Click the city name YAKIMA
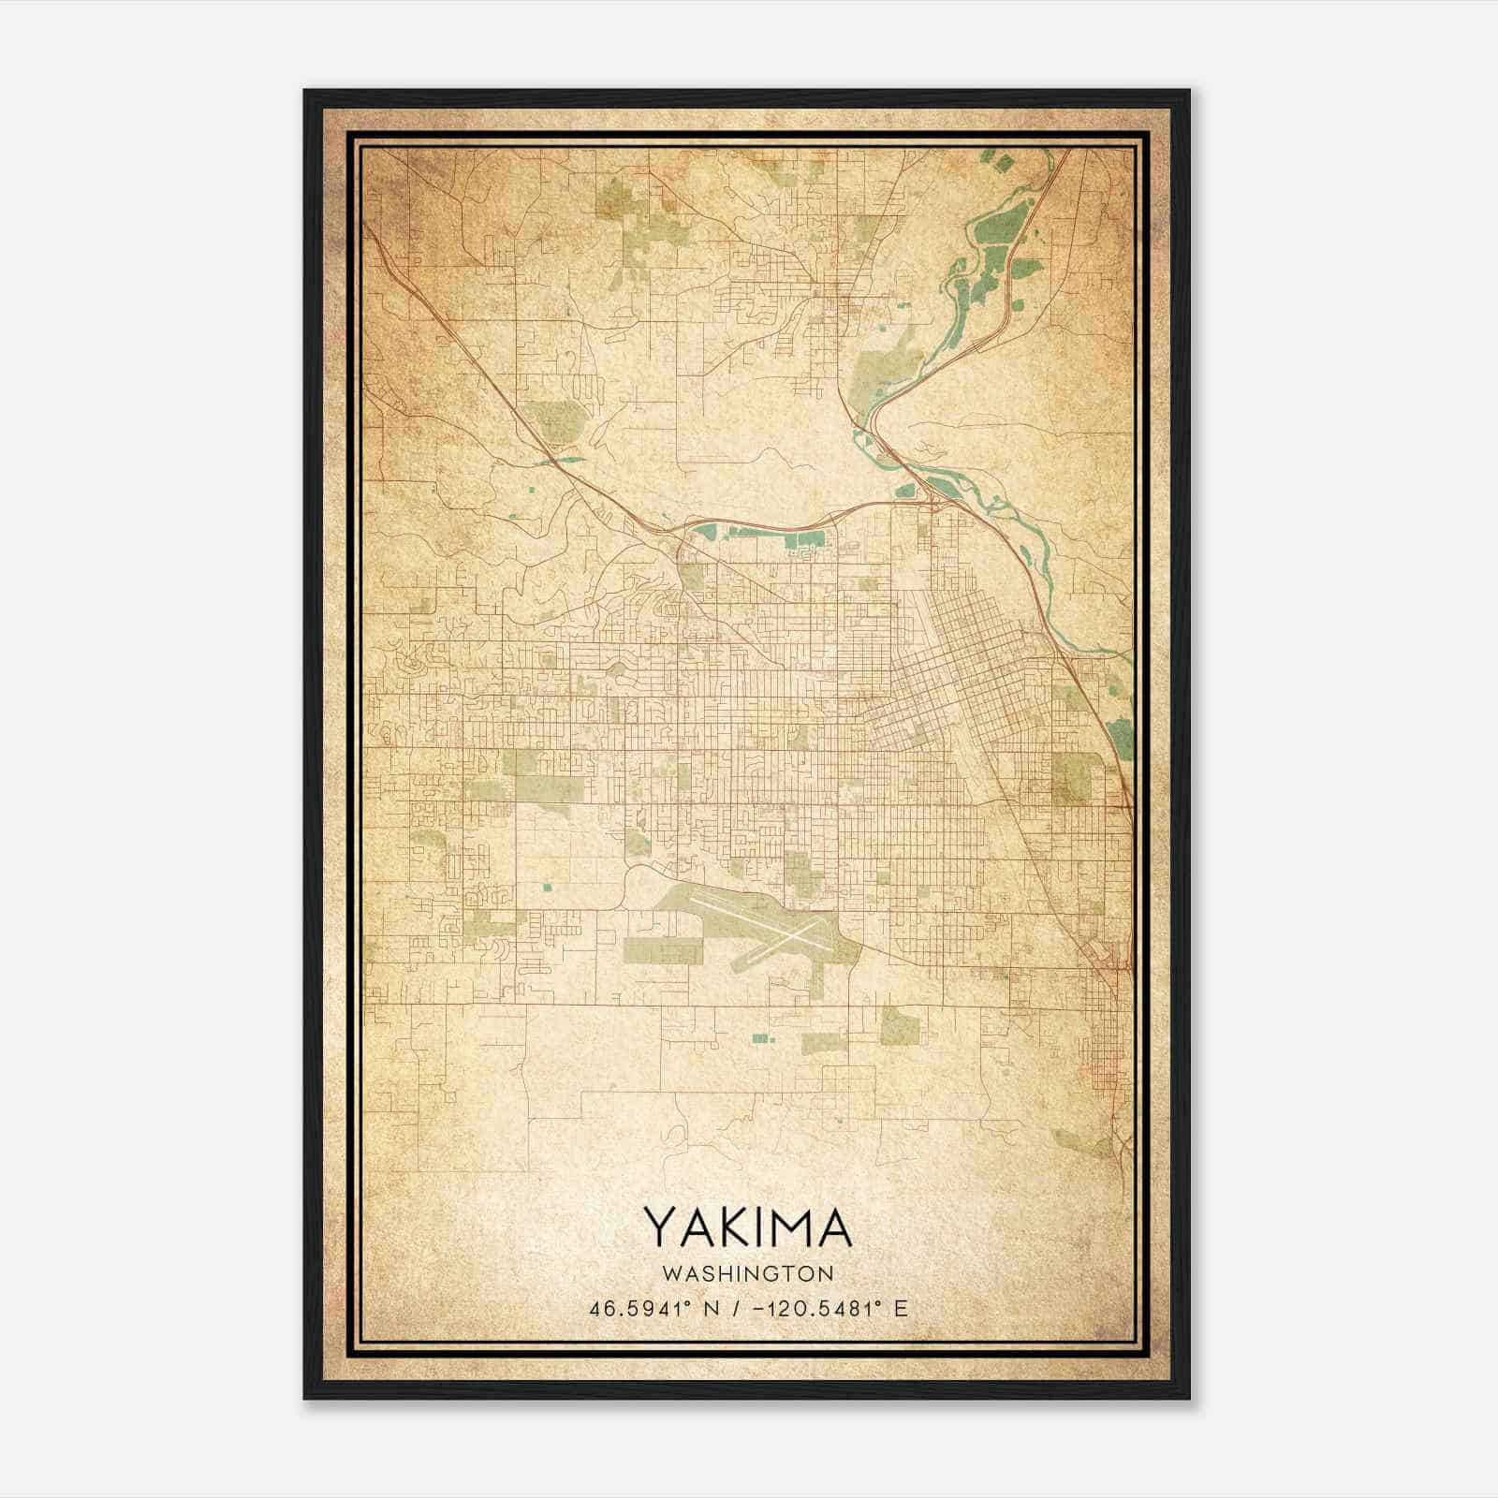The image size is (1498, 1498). point(747,1228)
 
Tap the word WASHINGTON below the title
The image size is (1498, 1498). point(747,1273)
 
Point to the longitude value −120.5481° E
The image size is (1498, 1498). point(813,1309)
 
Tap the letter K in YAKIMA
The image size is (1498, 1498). point(731,1228)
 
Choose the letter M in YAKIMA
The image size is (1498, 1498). point(790,1228)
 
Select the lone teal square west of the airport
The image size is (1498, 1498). point(546,885)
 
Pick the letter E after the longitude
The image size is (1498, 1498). point(901,1309)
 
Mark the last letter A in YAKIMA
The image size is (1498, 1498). point(835,1228)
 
